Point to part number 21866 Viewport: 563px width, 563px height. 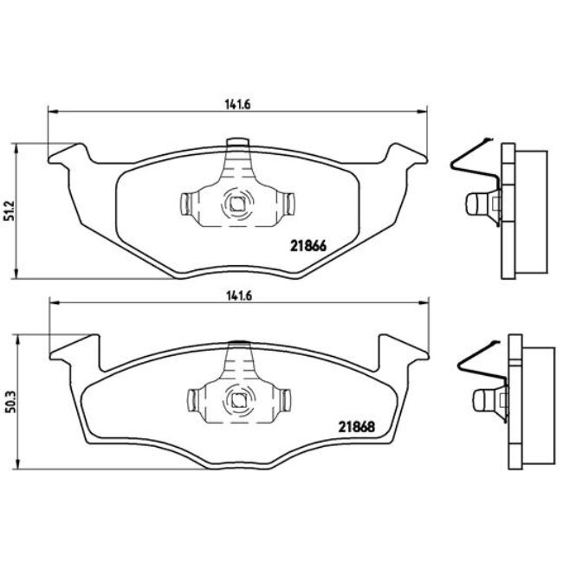click(306, 245)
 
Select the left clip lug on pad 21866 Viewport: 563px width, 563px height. click(185, 205)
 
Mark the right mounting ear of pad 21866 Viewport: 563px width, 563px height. click(405, 156)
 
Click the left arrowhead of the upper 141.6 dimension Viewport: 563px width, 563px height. click(50, 111)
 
